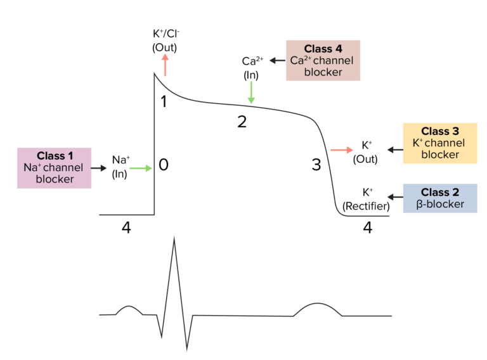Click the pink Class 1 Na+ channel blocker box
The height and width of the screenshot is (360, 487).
click(54, 168)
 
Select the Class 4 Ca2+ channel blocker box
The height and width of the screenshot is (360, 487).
click(323, 60)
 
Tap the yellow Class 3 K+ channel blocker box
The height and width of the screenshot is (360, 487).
click(439, 143)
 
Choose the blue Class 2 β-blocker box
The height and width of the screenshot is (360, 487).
click(439, 198)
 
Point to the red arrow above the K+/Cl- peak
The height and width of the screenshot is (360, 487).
click(165, 65)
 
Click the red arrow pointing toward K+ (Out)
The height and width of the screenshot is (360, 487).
click(341, 150)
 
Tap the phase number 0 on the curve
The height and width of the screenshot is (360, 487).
click(163, 165)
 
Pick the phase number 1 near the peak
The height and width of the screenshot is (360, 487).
click(163, 101)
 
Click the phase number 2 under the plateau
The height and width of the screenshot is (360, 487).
click(242, 122)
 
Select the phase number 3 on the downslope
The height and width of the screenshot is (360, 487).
click(316, 165)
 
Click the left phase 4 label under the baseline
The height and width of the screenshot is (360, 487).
click(126, 228)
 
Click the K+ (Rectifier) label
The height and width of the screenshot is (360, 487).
click(366, 198)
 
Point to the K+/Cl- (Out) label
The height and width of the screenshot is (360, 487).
click(165, 40)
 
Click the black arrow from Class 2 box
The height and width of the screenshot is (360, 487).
click(394, 193)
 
